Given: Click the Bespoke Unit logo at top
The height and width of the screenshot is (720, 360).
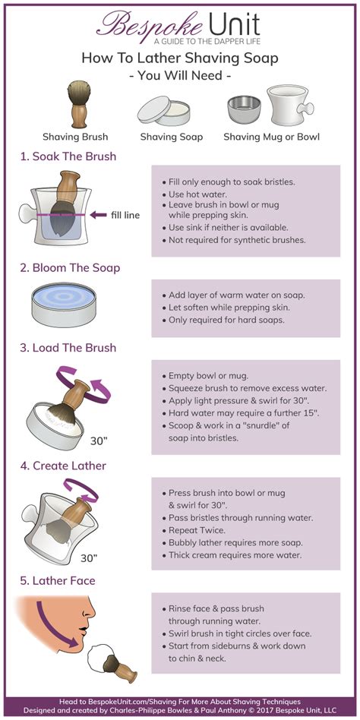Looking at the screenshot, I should tap(179, 26).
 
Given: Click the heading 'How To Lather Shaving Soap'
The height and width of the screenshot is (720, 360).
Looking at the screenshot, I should tap(179, 58).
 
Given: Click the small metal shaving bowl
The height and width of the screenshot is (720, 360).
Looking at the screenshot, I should tap(244, 109).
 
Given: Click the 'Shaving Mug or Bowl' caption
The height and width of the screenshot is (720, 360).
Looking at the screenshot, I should tap(271, 137).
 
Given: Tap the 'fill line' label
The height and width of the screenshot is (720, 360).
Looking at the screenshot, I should tap(125, 215).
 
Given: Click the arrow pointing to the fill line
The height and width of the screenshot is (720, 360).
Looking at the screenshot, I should tap(98, 215).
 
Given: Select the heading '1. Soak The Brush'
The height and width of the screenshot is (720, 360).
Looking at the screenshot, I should tap(68, 157).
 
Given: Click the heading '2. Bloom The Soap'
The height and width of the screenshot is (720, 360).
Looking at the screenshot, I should tap(69, 267).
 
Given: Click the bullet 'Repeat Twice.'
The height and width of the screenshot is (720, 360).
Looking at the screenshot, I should tap(197, 529).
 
